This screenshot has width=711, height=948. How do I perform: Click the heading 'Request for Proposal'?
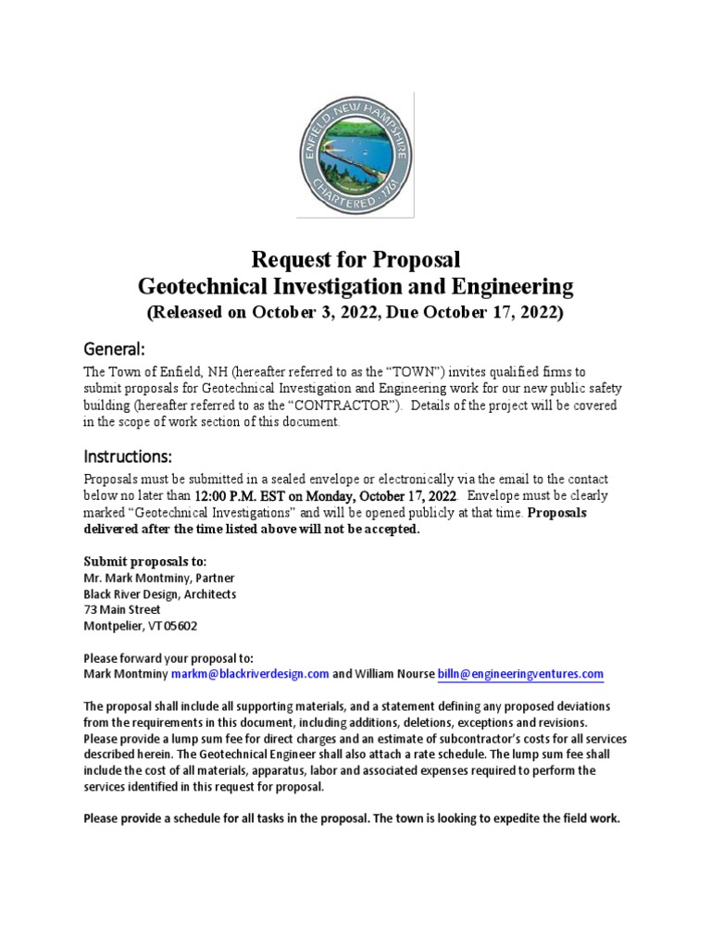(355, 259)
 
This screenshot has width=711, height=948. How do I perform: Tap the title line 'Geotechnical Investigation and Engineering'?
(355, 285)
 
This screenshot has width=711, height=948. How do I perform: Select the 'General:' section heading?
(115, 349)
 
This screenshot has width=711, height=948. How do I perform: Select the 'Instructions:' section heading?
(128, 456)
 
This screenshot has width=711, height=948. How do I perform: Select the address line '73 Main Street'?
(121, 610)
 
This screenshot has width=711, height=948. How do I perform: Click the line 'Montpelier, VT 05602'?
(140, 626)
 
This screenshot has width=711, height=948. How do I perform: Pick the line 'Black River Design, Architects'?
(159, 594)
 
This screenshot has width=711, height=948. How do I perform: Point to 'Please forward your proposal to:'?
(168, 657)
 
